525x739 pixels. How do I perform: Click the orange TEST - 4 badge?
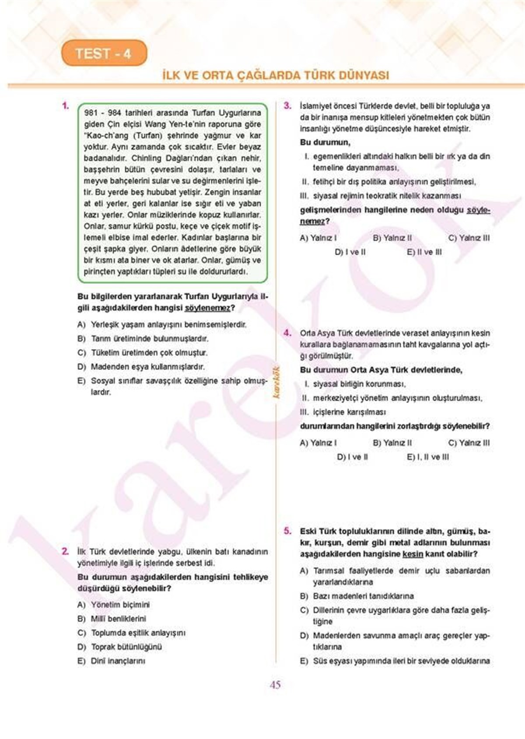[104, 53]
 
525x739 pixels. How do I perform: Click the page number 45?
[275, 685]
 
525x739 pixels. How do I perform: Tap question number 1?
[65, 106]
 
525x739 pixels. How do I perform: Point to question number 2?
[65, 551]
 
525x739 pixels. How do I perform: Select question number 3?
[287, 106]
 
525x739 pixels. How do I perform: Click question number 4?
[287, 333]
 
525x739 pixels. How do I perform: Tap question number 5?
[287, 531]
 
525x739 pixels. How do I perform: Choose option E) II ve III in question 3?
[424, 252]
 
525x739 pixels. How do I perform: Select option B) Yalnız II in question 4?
[392, 443]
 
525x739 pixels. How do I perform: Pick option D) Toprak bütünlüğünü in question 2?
[120, 647]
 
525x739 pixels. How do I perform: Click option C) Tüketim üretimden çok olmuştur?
[143, 352]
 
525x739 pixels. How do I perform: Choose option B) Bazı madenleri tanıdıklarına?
[357, 596]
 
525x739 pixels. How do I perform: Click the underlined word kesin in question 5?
[413, 554]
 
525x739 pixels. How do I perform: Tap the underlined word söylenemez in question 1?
[207, 308]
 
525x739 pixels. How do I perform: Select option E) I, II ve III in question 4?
[427, 457]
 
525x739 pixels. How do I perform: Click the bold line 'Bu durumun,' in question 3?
[325, 142]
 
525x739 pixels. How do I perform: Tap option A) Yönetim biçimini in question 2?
[113, 605]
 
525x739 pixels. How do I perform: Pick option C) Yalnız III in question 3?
[469, 238]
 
